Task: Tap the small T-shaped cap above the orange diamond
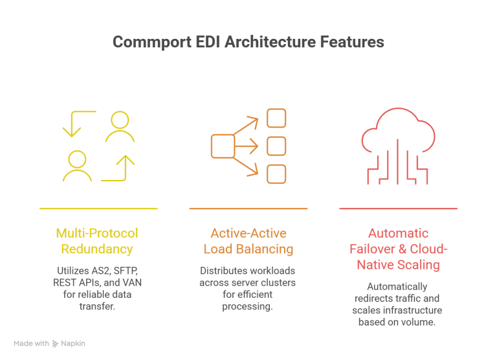point(252,117)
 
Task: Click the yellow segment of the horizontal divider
point(114,212)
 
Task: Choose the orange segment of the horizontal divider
point(264,212)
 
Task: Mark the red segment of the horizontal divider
point(417,212)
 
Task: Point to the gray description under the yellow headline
point(97,283)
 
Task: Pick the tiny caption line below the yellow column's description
point(97,308)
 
